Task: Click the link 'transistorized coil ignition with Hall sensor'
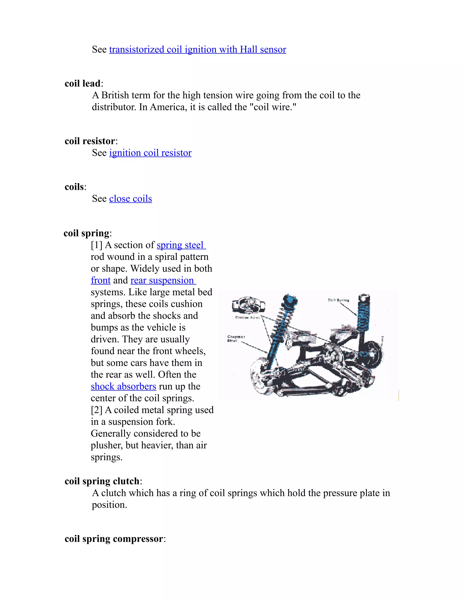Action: (197, 49)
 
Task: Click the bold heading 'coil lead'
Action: (82, 84)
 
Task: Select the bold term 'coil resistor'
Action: (90, 141)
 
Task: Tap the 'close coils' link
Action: (130, 199)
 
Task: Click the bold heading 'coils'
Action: (74, 187)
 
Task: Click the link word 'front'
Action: (101, 280)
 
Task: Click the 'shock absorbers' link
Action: (123, 386)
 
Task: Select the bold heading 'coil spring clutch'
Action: (102, 481)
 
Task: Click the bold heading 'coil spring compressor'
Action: (114, 539)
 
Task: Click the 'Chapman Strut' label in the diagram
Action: (236, 338)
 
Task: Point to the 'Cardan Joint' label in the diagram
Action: (247, 317)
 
